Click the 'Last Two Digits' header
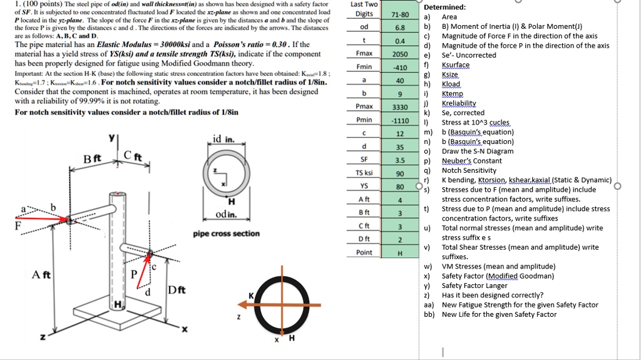(x=364, y=9)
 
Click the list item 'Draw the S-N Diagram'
(x=477, y=152)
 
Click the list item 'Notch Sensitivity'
(x=469, y=170)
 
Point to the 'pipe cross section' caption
(x=226, y=234)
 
